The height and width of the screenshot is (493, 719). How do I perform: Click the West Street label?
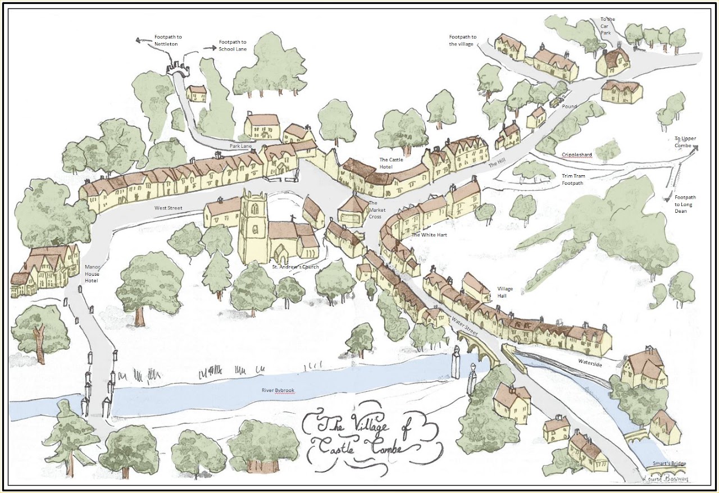(x=169, y=208)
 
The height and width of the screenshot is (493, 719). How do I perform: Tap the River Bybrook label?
(x=277, y=391)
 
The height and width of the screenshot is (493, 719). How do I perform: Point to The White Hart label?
(x=429, y=235)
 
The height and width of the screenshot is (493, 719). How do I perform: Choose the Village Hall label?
(x=505, y=293)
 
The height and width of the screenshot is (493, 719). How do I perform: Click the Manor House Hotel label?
(x=92, y=273)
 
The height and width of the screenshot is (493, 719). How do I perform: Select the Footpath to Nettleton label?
(x=168, y=41)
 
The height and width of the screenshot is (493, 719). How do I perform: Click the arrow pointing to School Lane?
(x=210, y=48)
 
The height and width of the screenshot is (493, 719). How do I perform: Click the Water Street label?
(x=464, y=327)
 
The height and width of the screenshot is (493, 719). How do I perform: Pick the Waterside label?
(x=590, y=364)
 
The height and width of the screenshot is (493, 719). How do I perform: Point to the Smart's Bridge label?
(x=669, y=464)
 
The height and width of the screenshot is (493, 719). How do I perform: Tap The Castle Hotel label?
(x=391, y=163)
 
